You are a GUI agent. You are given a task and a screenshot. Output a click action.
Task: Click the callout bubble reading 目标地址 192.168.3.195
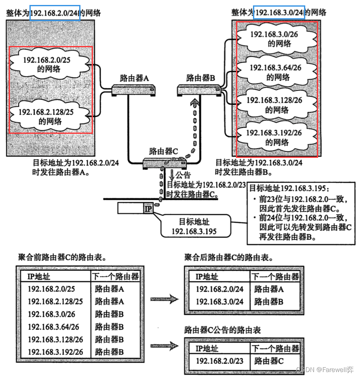point(194,226)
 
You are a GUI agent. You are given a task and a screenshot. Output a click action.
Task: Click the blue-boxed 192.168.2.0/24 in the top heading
point(54,13)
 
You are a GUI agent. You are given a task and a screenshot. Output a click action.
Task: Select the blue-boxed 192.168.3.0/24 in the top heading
point(280,13)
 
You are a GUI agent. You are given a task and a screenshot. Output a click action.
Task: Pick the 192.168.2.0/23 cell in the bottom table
point(219,361)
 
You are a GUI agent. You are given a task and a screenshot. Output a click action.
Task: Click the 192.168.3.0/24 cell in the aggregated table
point(219,302)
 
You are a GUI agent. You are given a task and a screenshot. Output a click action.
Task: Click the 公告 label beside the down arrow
point(183,175)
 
